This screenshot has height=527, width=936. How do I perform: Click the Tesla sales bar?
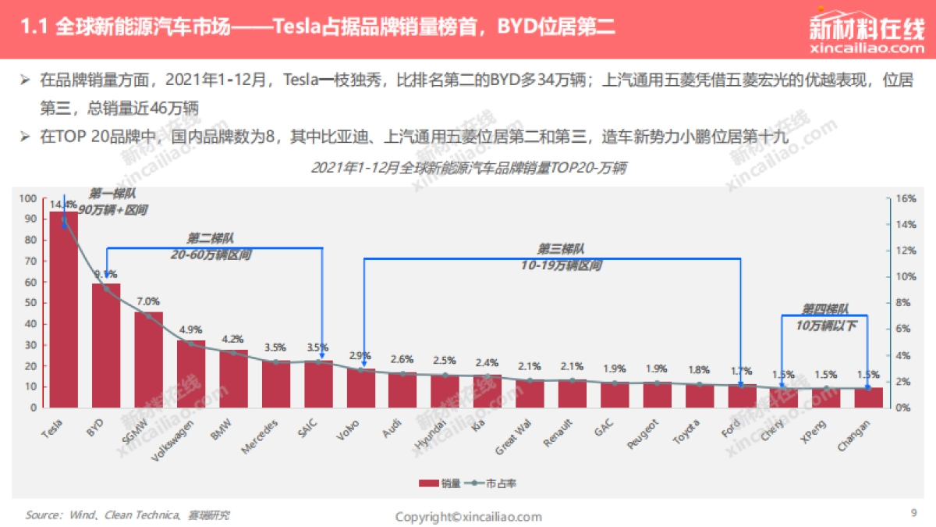pos(64,312)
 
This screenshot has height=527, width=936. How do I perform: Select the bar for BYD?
pos(106,347)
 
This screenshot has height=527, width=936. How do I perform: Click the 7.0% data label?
pos(148,301)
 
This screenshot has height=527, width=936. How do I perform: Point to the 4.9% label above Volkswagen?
pos(191,328)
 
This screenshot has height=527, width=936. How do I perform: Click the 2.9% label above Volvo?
pos(360,356)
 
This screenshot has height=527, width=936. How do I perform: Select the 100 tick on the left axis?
pos(28,199)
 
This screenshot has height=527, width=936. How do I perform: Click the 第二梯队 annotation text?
pos(211,238)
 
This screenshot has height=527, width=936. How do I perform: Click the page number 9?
pos(913,513)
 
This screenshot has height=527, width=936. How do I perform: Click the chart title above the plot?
pos(469,168)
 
